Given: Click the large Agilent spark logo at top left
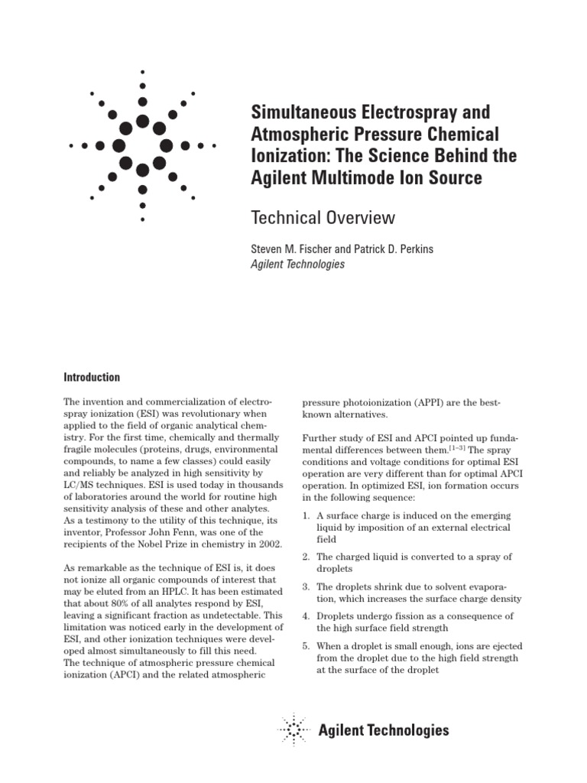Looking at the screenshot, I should (x=142, y=145).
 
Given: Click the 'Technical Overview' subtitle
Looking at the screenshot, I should (x=323, y=218).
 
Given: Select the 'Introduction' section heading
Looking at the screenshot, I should (x=91, y=377).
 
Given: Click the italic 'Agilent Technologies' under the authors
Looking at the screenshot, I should (x=298, y=265).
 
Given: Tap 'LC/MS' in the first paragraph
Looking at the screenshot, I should (x=79, y=484).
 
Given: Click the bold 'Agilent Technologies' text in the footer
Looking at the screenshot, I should (x=383, y=730).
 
